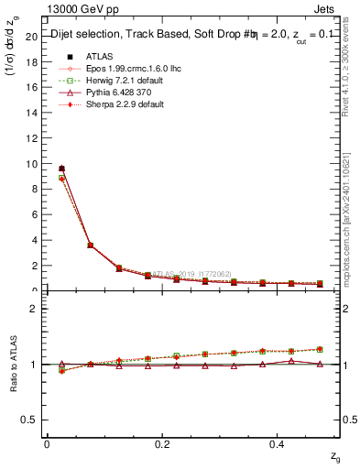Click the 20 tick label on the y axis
[32, 37]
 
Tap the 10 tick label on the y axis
[32, 164]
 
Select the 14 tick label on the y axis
[32, 113]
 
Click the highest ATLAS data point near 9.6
[61, 169]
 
